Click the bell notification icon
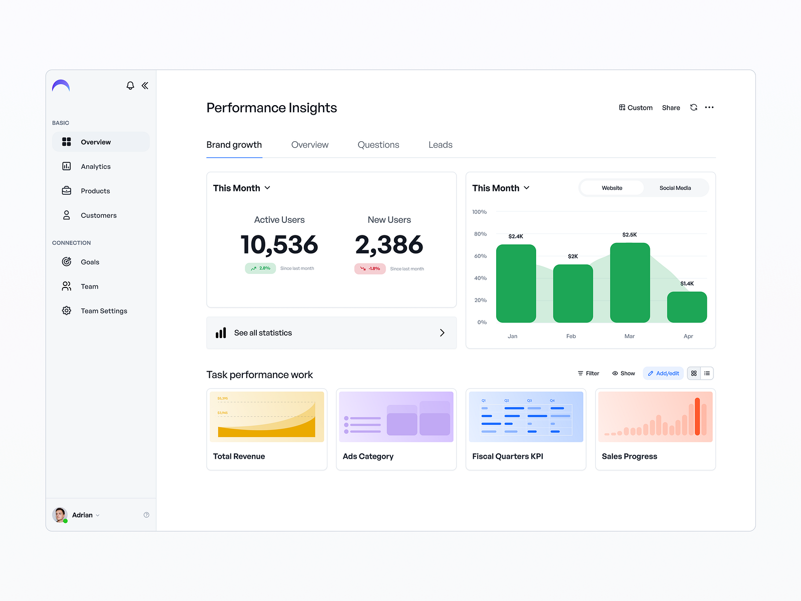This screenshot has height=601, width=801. pos(130,86)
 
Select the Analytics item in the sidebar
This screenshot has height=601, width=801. pos(96,166)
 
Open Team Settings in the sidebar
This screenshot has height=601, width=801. pos(104,311)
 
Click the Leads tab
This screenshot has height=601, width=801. pos(440,145)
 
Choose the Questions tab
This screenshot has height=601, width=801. pos(378,145)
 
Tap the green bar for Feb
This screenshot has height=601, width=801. pos(573,294)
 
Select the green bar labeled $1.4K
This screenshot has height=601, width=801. pos(687,307)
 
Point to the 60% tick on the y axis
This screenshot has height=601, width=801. pos(480,256)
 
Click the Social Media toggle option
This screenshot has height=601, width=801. pos(675,188)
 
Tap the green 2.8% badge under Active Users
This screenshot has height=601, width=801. pos(260,268)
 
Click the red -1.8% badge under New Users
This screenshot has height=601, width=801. pos(370,269)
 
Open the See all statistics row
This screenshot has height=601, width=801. pos(331,333)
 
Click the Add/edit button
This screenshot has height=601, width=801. pos(663,374)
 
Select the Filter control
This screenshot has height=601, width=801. pos(588,374)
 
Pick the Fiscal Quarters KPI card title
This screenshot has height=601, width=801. pos(507,456)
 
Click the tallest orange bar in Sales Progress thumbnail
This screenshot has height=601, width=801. pos(697,416)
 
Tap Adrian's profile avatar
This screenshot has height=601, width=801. pos(60,515)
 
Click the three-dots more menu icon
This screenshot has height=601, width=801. pos(709,107)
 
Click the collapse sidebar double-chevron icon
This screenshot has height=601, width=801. pos(145,86)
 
